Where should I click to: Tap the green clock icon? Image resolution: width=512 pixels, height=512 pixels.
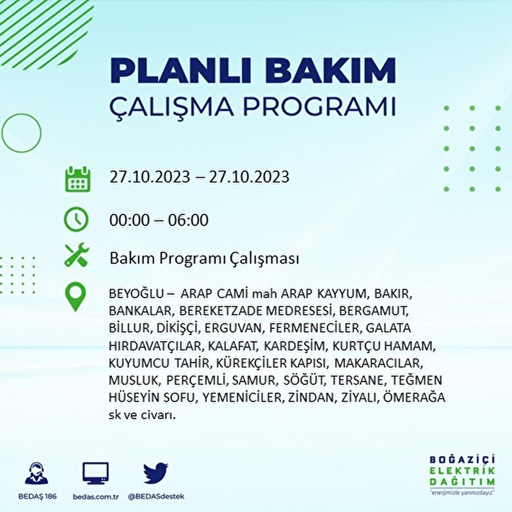point(76,219)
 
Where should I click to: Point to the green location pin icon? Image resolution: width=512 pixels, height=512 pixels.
point(76,297)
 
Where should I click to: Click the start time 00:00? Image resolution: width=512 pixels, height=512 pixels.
point(129,220)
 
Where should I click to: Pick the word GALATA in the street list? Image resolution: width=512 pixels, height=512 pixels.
point(388,328)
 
